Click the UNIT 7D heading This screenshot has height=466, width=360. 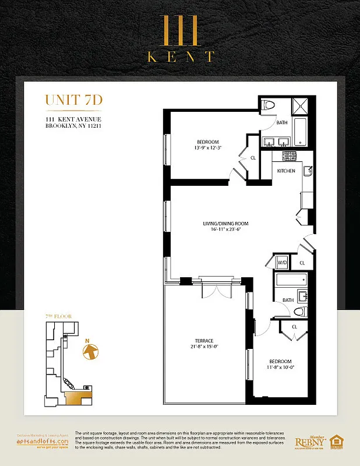(74, 100)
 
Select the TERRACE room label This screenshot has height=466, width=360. (204, 340)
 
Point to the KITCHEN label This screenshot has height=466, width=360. (285, 171)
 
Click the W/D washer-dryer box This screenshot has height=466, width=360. (283, 263)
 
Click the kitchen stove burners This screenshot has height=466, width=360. (289, 156)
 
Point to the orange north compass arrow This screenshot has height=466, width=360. (90, 352)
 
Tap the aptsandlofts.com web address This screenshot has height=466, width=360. (47, 442)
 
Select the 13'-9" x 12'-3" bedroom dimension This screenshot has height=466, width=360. (207, 148)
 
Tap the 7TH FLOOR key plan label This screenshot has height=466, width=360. (54, 316)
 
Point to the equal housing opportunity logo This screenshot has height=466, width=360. (336, 442)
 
